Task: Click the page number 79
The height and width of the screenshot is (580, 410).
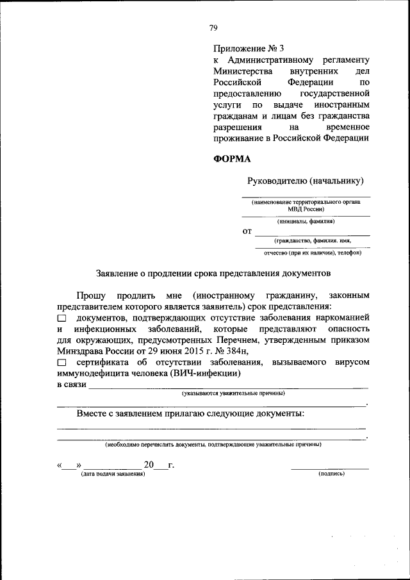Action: (x=213, y=27)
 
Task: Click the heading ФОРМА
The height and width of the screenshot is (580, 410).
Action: (x=232, y=159)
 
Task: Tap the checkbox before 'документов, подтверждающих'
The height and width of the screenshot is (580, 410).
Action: (x=61, y=318)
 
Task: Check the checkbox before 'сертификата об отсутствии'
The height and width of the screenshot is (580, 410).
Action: (x=61, y=363)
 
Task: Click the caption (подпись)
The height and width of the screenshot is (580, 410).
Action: (x=331, y=474)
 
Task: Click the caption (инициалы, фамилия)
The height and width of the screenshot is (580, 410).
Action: (x=306, y=221)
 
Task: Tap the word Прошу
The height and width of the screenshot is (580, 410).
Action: (x=92, y=295)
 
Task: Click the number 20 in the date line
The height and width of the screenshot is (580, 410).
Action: (x=149, y=465)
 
